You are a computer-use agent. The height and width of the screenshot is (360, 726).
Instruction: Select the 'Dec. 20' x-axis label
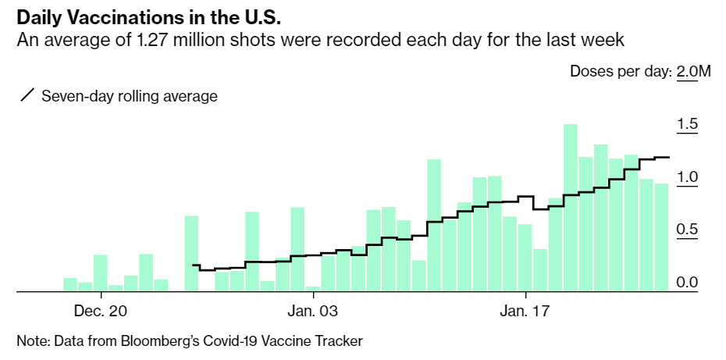click(x=101, y=312)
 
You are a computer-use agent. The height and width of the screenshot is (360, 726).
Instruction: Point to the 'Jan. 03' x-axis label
click(x=313, y=312)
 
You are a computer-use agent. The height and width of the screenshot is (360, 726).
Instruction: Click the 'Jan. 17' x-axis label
click(x=526, y=312)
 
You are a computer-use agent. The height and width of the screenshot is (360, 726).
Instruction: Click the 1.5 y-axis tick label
click(x=688, y=125)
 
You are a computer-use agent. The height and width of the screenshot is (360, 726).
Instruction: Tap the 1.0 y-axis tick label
click(x=688, y=177)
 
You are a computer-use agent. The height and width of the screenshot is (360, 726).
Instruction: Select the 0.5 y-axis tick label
click(x=688, y=230)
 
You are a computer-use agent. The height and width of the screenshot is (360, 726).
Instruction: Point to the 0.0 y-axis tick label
click(x=688, y=282)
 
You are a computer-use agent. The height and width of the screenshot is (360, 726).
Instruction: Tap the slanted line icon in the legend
click(x=27, y=96)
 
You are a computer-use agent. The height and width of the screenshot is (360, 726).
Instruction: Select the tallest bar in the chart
click(x=571, y=208)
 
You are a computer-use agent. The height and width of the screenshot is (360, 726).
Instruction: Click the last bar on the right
click(x=661, y=237)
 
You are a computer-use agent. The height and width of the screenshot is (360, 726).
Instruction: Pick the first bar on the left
click(x=70, y=284)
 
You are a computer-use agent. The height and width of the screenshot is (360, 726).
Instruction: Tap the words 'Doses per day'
click(x=620, y=72)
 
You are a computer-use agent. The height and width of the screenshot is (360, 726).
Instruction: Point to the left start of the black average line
click(x=193, y=266)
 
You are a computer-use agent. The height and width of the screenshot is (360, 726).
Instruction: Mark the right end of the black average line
click(x=668, y=157)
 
